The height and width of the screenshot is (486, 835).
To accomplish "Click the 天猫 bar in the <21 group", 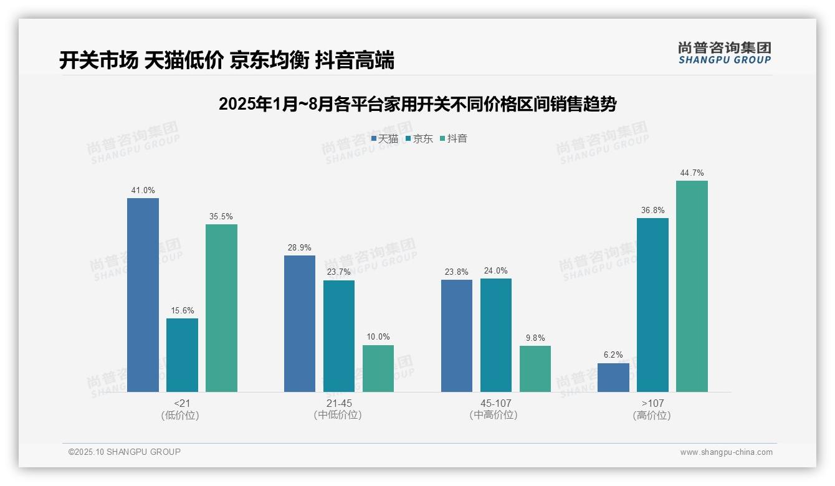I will [143, 295].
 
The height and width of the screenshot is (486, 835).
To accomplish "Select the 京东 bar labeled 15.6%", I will [182, 355].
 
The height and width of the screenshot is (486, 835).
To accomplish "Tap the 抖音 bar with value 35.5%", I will [221, 308].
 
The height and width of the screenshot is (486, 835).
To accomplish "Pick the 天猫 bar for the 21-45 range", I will [300, 323].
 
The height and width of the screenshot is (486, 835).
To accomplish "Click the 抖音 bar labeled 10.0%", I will [378, 368].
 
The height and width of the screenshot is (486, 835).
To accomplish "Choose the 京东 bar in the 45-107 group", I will [496, 335].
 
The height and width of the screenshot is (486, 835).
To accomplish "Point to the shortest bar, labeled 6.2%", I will [613, 378].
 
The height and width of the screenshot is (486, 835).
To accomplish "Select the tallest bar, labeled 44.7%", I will [692, 286].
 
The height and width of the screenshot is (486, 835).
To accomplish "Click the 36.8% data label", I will [652, 211].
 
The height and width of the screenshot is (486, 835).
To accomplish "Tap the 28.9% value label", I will [300, 247].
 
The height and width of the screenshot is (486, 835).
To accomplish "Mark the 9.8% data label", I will [535, 338].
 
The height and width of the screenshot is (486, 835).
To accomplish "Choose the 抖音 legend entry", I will [454, 139].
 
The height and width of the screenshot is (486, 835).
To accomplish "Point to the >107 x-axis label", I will [652, 404].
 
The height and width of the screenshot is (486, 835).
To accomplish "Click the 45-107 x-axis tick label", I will [495, 404].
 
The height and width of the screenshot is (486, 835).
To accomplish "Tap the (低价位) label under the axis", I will [180, 416].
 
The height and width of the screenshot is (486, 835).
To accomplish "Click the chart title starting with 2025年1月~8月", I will [417, 104].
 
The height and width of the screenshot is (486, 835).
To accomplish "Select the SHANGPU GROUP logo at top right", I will [724, 53].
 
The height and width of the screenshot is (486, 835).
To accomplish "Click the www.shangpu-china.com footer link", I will [726, 452].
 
